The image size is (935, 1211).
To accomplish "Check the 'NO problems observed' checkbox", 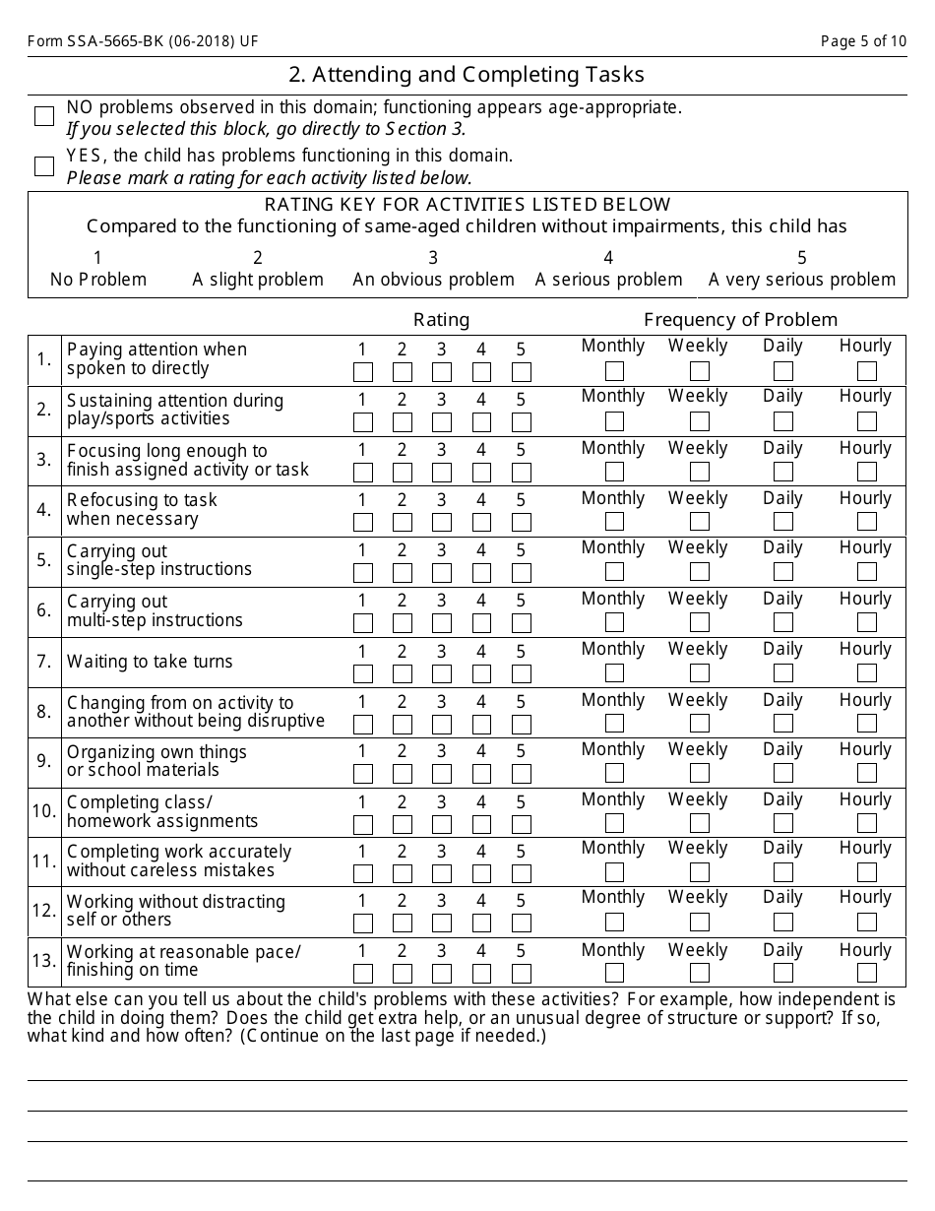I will pos(44,116).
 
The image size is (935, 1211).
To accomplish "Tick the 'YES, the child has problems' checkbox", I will pos(44,165).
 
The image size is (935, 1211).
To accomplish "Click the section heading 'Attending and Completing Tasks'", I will pos(467,75).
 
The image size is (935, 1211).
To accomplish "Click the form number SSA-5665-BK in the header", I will pos(143,41).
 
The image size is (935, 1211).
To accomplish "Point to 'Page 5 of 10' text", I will pos(863,41).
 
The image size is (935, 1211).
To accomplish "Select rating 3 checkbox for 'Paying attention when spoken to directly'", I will pos(442,372).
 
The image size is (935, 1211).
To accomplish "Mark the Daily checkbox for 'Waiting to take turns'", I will pos(783,673).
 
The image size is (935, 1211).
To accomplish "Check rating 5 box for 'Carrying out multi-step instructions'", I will pos(522,623).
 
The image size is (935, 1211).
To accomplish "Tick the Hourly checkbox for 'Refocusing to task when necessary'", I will pos(867,522).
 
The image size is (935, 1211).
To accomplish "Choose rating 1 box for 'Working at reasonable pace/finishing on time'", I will pos(363,974).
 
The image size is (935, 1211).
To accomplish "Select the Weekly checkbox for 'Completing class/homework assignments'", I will pos(700,823).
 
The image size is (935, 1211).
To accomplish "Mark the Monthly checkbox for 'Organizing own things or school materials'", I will pos(615,773).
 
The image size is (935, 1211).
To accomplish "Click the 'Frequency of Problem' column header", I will pos(740,319).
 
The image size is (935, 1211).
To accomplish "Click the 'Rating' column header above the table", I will pos(441,319).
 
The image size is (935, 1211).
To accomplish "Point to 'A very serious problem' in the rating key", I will pos(801,280).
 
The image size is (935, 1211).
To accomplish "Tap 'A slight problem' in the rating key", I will pos(258,280).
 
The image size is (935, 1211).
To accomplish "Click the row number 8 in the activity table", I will pos(44,712).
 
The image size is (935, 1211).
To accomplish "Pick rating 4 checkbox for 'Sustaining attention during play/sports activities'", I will pos(482,422).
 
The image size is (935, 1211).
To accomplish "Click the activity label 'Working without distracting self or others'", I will pos(175,911).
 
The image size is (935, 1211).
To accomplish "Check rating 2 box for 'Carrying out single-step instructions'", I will pos(403,573).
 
